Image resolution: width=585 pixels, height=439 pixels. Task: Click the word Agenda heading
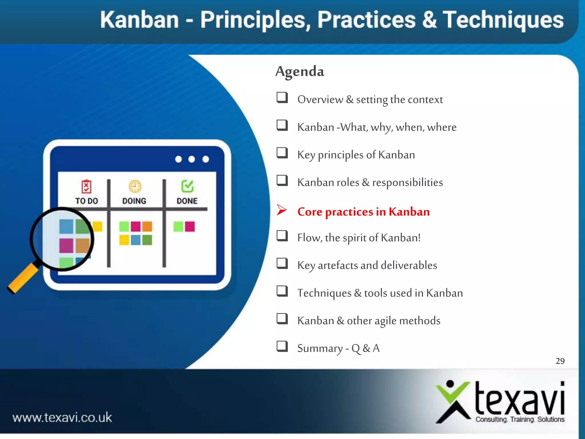click(x=300, y=71)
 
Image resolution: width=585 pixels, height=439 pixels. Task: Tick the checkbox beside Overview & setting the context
click(x=282, y=97)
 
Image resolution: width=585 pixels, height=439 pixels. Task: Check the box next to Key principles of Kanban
click(x=282, y=153)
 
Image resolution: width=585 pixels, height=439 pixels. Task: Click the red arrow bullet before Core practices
click(x=282, y=210)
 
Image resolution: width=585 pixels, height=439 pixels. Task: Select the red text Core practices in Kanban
click(x=363, y=212)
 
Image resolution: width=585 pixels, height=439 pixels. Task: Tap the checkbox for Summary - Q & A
click(x=282, y=346)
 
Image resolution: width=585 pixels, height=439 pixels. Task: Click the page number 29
click(x=560, y=361)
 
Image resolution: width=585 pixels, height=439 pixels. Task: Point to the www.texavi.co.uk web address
click(x=62, y=418)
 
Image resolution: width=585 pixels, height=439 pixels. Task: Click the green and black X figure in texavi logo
click(x=452, y=402)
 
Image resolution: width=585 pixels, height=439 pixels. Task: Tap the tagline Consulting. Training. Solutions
click(x=520, y=420)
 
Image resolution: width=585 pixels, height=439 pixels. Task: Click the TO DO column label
click(x=87, y=201)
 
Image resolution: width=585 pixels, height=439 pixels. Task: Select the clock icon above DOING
click(x=135, y=186)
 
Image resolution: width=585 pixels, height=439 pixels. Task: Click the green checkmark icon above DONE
click(x=187, y=186)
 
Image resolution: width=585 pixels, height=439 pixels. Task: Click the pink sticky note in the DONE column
click(x=190, y=226)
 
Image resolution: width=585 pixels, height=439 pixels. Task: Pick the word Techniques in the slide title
click(x=503, y=20)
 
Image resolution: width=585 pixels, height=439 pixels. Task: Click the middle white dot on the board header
click(x=192, y=159)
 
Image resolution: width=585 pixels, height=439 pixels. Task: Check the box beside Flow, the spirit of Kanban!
click(x=282, y=236)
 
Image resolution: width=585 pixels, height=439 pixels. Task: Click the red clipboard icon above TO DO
click(x=86, y=187)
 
